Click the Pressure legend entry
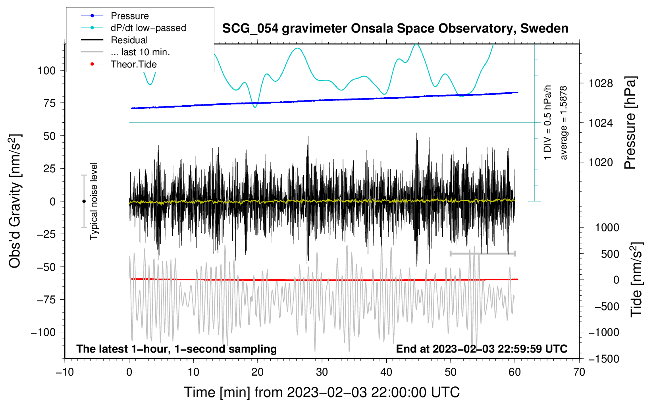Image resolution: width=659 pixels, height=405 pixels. point(115,15)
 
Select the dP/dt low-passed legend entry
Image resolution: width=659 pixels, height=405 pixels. point(133,28)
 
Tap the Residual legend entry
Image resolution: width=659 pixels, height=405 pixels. point(114,40)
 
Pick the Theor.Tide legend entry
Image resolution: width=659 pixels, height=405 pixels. point(119,64)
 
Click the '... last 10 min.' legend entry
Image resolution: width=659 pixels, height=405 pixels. point(125,52)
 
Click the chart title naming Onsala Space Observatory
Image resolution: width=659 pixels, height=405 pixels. point(395,29)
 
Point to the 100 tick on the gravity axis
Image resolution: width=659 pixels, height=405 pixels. point(46,71)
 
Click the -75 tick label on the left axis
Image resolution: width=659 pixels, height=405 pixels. point(46,300)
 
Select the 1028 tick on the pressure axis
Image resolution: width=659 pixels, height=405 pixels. point(601,83)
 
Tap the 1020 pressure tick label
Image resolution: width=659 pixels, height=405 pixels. point(601,162)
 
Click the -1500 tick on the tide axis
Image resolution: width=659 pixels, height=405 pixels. point(604,359)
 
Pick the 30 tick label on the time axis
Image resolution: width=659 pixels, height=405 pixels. point(322,372)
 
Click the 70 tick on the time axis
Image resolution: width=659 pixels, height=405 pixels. point(579,372)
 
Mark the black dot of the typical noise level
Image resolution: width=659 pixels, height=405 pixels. point(84,201)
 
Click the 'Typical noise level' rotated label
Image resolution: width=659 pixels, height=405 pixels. point(94,201)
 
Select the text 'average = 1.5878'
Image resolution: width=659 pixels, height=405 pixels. point(563,123)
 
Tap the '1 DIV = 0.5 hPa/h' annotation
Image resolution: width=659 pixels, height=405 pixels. point(547,123)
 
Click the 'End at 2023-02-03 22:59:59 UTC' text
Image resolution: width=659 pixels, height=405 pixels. point(482,349)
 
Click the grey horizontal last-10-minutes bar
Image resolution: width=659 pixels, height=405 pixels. point(482,253)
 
